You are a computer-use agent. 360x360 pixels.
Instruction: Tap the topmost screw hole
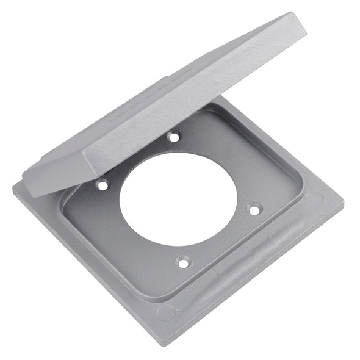click(x=174, y=137)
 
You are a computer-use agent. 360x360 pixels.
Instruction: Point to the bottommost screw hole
click(x=182, y=263)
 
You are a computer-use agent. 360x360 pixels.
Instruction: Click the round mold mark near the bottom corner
click(x=166, y=313)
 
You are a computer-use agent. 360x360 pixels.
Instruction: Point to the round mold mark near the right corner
click(x=314, y=200)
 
